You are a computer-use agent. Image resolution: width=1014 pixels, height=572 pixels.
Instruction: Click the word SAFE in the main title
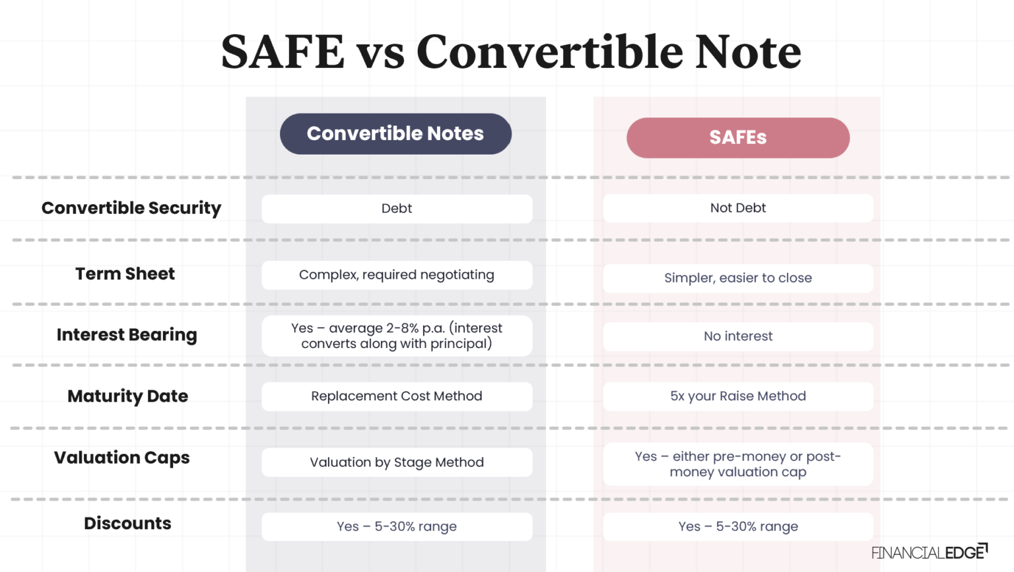click(x=283, y=52)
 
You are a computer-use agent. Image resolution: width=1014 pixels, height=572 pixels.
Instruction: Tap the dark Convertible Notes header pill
click(x=395, y=134)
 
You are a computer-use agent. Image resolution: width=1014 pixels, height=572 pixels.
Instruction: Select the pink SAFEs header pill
click(x=738, y=137)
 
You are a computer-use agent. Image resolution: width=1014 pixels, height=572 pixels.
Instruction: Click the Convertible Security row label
click(x=131, y=208)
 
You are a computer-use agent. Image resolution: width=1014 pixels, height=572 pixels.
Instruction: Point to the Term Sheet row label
click(x=125, y=273)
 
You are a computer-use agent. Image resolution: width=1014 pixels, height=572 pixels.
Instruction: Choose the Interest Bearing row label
click(x=127, y=335)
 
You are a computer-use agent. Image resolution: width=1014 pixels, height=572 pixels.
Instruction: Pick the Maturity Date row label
click(x=127, y=396)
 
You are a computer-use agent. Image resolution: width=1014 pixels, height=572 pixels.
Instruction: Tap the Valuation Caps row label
click(x=121, y=458)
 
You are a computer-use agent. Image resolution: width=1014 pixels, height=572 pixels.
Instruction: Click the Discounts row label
click(x=127, y=523)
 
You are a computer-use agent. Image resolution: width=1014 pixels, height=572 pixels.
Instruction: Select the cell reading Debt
click(x=397, y=209)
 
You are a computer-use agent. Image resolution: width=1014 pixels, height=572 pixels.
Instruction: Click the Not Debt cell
click(x=738, y=208)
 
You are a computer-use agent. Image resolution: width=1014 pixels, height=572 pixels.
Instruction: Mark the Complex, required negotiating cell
click(x=397, y=275)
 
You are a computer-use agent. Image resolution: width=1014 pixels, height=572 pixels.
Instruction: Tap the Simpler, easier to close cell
click(x=738, y=278)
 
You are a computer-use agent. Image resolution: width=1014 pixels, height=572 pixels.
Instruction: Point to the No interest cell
click(x=738, y=336)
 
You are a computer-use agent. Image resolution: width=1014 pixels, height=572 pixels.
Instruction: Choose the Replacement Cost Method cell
click(x=397, y=396)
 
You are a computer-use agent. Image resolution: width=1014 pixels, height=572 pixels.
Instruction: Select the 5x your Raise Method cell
click(x=738, y=396)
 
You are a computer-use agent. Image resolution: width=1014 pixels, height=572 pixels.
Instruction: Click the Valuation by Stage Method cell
click(x=397, y=462)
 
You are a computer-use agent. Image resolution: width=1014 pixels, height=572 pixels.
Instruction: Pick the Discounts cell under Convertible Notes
click(x=397, y=526)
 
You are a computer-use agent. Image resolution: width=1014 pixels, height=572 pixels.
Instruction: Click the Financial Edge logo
click(x=929, y=552)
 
